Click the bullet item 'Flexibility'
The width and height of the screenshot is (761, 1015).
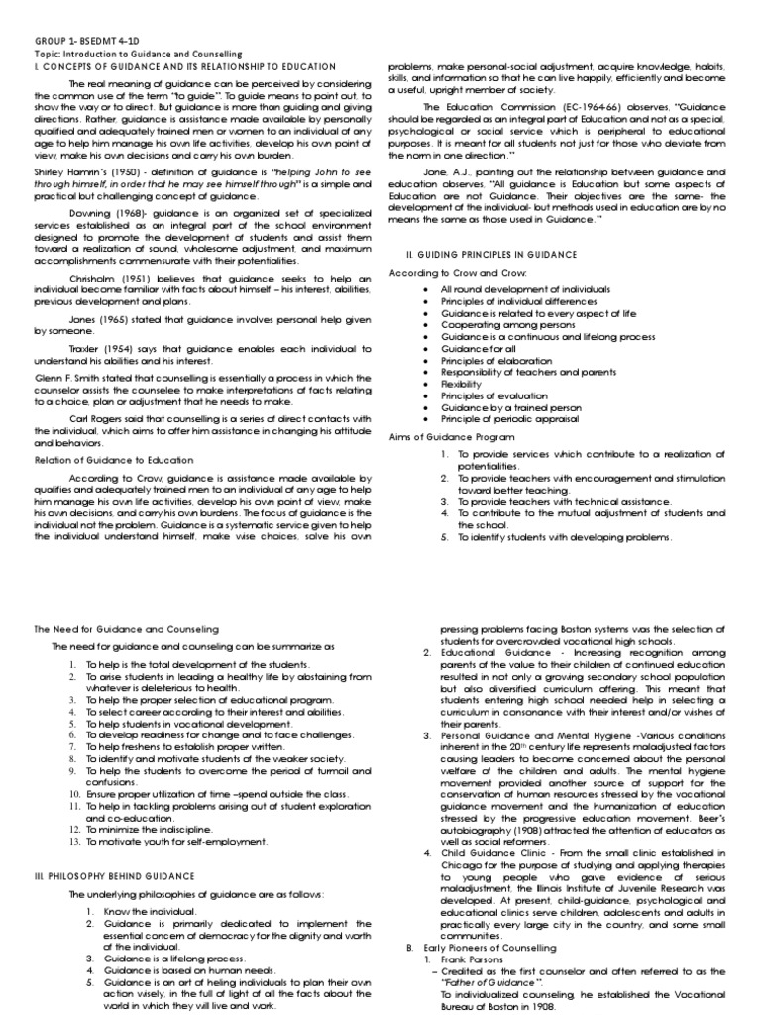463,382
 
